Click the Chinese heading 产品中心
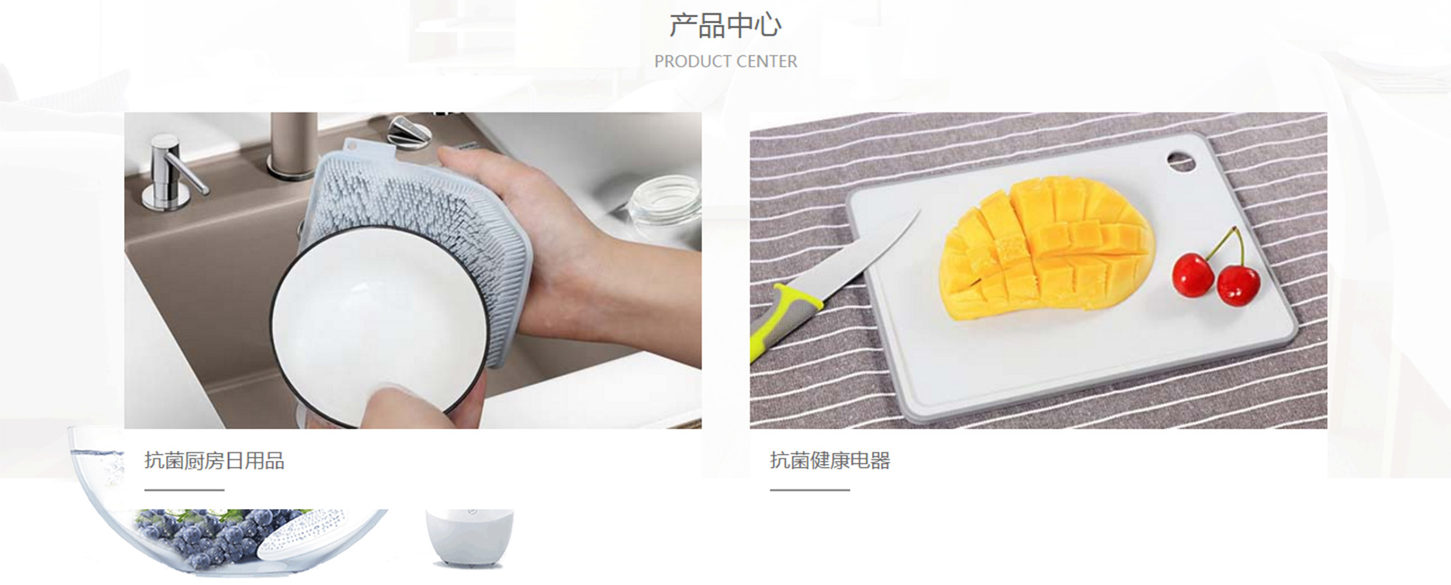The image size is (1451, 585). pyautogui.click(x=725, y=26)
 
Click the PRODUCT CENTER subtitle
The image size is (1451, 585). pyautogui.click(x=725, y=61)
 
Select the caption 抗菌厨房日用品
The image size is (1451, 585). pyautogui.click(x=214, y=461)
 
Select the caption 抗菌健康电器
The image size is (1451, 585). pyautogui.click(x=830, y=461)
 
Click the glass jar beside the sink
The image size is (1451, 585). pyautogui.click(x=664, y=203)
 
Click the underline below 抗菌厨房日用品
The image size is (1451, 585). pyautogui.click(x=184, y=490)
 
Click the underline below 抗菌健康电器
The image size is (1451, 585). pyautogui.click(x=810, y=490)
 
